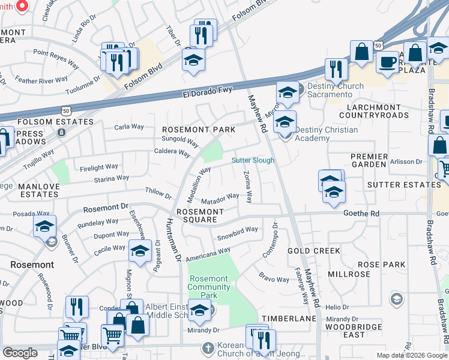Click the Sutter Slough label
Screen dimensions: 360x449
(x=253, y=160)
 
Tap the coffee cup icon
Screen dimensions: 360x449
(x=386, y=62)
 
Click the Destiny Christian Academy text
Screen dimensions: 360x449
(x=326, y=134)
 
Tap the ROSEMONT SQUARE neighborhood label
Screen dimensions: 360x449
(x=200, y=216)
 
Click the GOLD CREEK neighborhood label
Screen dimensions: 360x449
(x=314, y=251)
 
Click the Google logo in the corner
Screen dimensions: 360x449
(x=20, y=353)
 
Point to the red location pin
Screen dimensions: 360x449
(x=22, y=6)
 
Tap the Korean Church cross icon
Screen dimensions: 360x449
(x=208, y=349)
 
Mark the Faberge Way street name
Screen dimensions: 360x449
(x=305, y=289)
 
